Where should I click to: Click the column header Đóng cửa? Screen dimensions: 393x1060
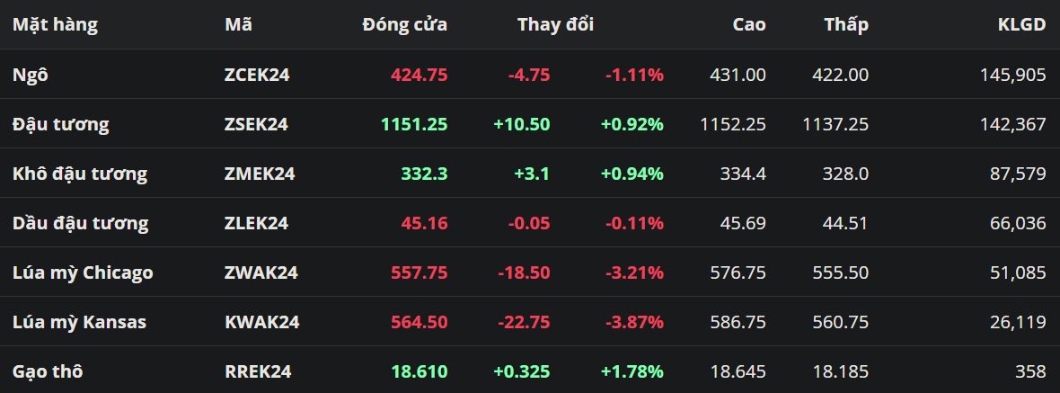click(x=404, y=25)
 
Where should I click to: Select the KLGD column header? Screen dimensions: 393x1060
click(x=1021, y=25)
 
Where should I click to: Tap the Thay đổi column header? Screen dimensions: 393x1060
click(x=555, y=25)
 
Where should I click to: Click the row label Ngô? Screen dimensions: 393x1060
click(x=30, y=75)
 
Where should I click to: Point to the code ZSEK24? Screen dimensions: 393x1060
click(x=256, y=124)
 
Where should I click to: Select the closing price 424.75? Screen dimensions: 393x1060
click(x=419, y=75)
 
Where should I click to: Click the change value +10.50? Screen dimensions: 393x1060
click(x=521, y=124)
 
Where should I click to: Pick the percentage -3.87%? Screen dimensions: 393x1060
click(x=633, y=322)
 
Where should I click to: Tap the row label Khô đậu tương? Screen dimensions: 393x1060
click(x=79, y=174)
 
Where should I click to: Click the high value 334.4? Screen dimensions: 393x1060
click(x=743, y=174)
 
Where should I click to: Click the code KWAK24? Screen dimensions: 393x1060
click(x=261, y=322)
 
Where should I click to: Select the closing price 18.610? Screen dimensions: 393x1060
click(x=419, y=371)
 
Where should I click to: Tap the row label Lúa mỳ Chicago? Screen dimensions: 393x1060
click(x=83, y=272)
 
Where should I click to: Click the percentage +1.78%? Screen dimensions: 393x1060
click(x=632, y=371)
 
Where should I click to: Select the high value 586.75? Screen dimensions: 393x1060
click(x=738, y=322)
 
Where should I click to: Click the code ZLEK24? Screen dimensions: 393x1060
click(x=256, y=223)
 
